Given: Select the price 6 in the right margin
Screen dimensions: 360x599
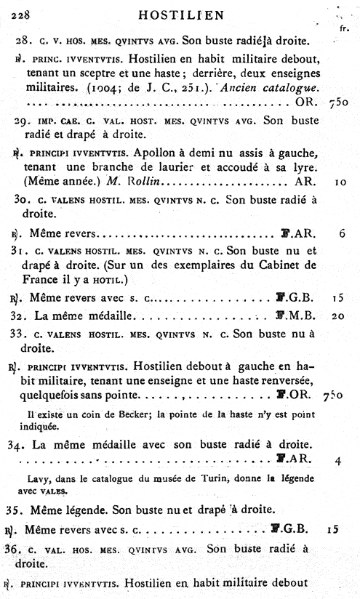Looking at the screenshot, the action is coord(341,235).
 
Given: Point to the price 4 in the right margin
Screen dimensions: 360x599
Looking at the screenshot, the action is coord(340,459).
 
